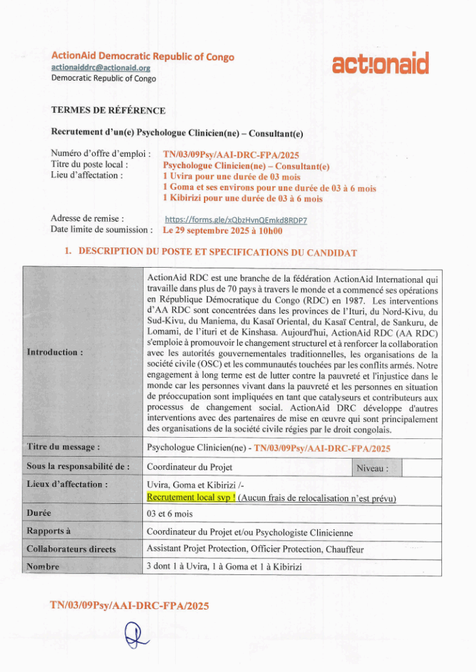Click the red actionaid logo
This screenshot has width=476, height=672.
coord(380,64)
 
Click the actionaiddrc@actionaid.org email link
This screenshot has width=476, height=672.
coord(101,68)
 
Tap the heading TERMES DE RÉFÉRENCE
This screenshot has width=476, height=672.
coord(108,110)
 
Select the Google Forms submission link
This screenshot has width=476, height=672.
coord(236,220)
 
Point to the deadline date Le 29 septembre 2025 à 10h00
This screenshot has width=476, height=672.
coord(222,230)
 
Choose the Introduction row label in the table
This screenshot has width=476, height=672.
coord(55,352)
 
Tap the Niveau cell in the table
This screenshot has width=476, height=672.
coord(372,469)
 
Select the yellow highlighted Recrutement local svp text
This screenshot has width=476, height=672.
coord(191,498)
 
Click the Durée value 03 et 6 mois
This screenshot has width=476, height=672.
coord(170,514)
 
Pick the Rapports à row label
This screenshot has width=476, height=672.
coord(49,531)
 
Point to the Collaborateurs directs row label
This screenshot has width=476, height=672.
coord(71,549)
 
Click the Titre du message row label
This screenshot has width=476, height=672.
coord(64,448)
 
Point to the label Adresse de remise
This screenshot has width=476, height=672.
coord(88,219)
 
